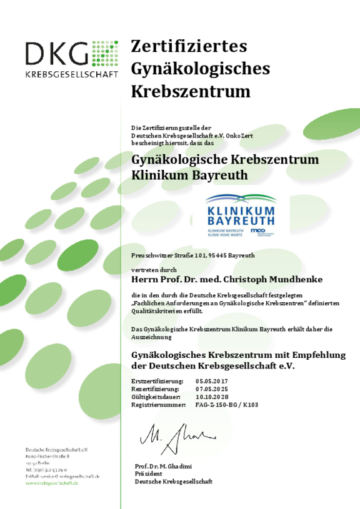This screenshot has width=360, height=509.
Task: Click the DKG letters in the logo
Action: (57, 54)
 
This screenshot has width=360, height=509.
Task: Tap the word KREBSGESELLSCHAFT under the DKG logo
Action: (71, 74)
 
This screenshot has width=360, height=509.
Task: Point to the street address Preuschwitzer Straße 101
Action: (165, 255)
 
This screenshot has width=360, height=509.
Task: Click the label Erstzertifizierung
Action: (157, 380)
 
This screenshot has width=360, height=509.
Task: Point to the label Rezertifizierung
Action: (156, 388)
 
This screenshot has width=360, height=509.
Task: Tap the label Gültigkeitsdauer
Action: (156, 397)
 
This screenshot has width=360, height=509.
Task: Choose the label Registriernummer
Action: (159, 405)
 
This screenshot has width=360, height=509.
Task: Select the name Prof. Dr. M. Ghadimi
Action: (162, 467)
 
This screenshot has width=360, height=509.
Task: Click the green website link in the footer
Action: (52, 483)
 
